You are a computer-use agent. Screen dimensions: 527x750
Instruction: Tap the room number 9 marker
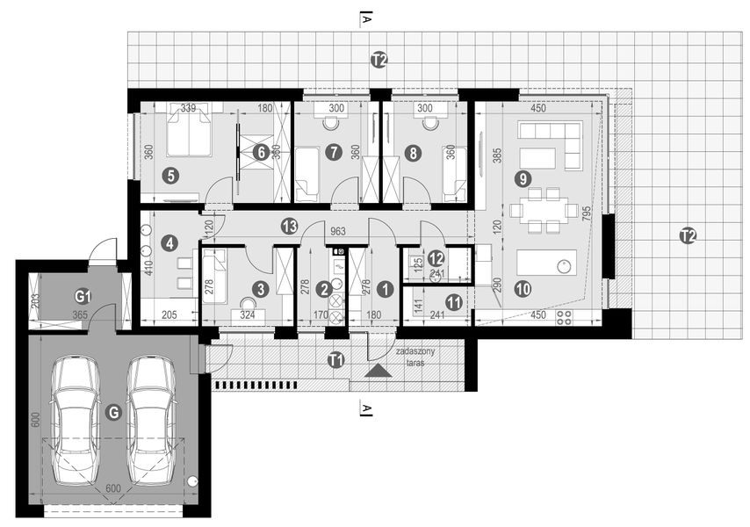[x=523, y=179]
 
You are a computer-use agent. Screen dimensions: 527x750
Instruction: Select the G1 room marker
[x=83, y=294]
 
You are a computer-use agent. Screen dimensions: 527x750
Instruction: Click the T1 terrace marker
[x=335, y=358]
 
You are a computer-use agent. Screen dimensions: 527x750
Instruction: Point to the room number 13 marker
[x=289, y=226]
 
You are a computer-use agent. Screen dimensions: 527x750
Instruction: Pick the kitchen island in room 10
[x=545, y=263]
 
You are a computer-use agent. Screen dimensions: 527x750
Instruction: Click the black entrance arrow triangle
[x=379, y=371]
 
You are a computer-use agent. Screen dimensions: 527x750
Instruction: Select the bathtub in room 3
[x=214, y=277]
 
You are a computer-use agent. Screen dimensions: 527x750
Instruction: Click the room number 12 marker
[x=436, y=258]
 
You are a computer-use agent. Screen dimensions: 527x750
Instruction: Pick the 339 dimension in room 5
[x=187, y=108]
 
